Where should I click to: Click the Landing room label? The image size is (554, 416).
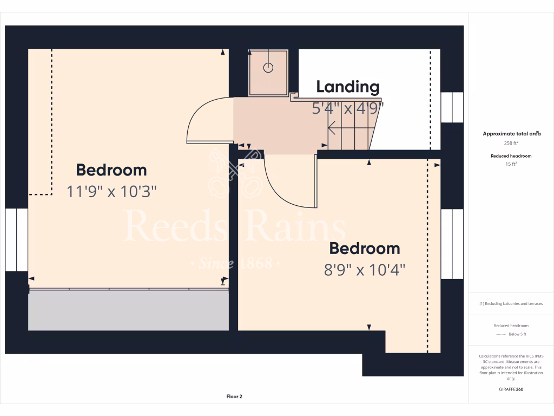tap(347, 87)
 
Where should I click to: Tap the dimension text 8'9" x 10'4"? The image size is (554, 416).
tap(365, 269)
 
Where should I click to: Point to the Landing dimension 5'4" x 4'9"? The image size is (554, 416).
tap(347, 108)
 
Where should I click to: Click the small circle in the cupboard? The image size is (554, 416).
tap(268, 68)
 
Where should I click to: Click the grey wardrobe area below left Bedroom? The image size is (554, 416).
tap(128, 310)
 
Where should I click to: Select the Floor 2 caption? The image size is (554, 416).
tap(234, 396)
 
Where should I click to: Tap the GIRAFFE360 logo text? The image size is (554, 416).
tap(511, 389)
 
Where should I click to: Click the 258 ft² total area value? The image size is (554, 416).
tap(511, 144)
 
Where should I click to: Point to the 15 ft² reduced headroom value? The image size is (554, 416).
tap(511, 164)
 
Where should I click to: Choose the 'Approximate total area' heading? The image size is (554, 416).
tap(511, 133)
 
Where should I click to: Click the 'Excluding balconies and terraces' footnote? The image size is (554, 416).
tap(511, 304)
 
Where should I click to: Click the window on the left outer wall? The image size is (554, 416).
tap(17, 239)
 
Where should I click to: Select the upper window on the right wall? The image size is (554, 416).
tap(452, 107)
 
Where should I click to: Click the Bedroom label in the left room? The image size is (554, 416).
tap(111, 170)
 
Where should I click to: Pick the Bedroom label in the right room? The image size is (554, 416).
tap(365, 249)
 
